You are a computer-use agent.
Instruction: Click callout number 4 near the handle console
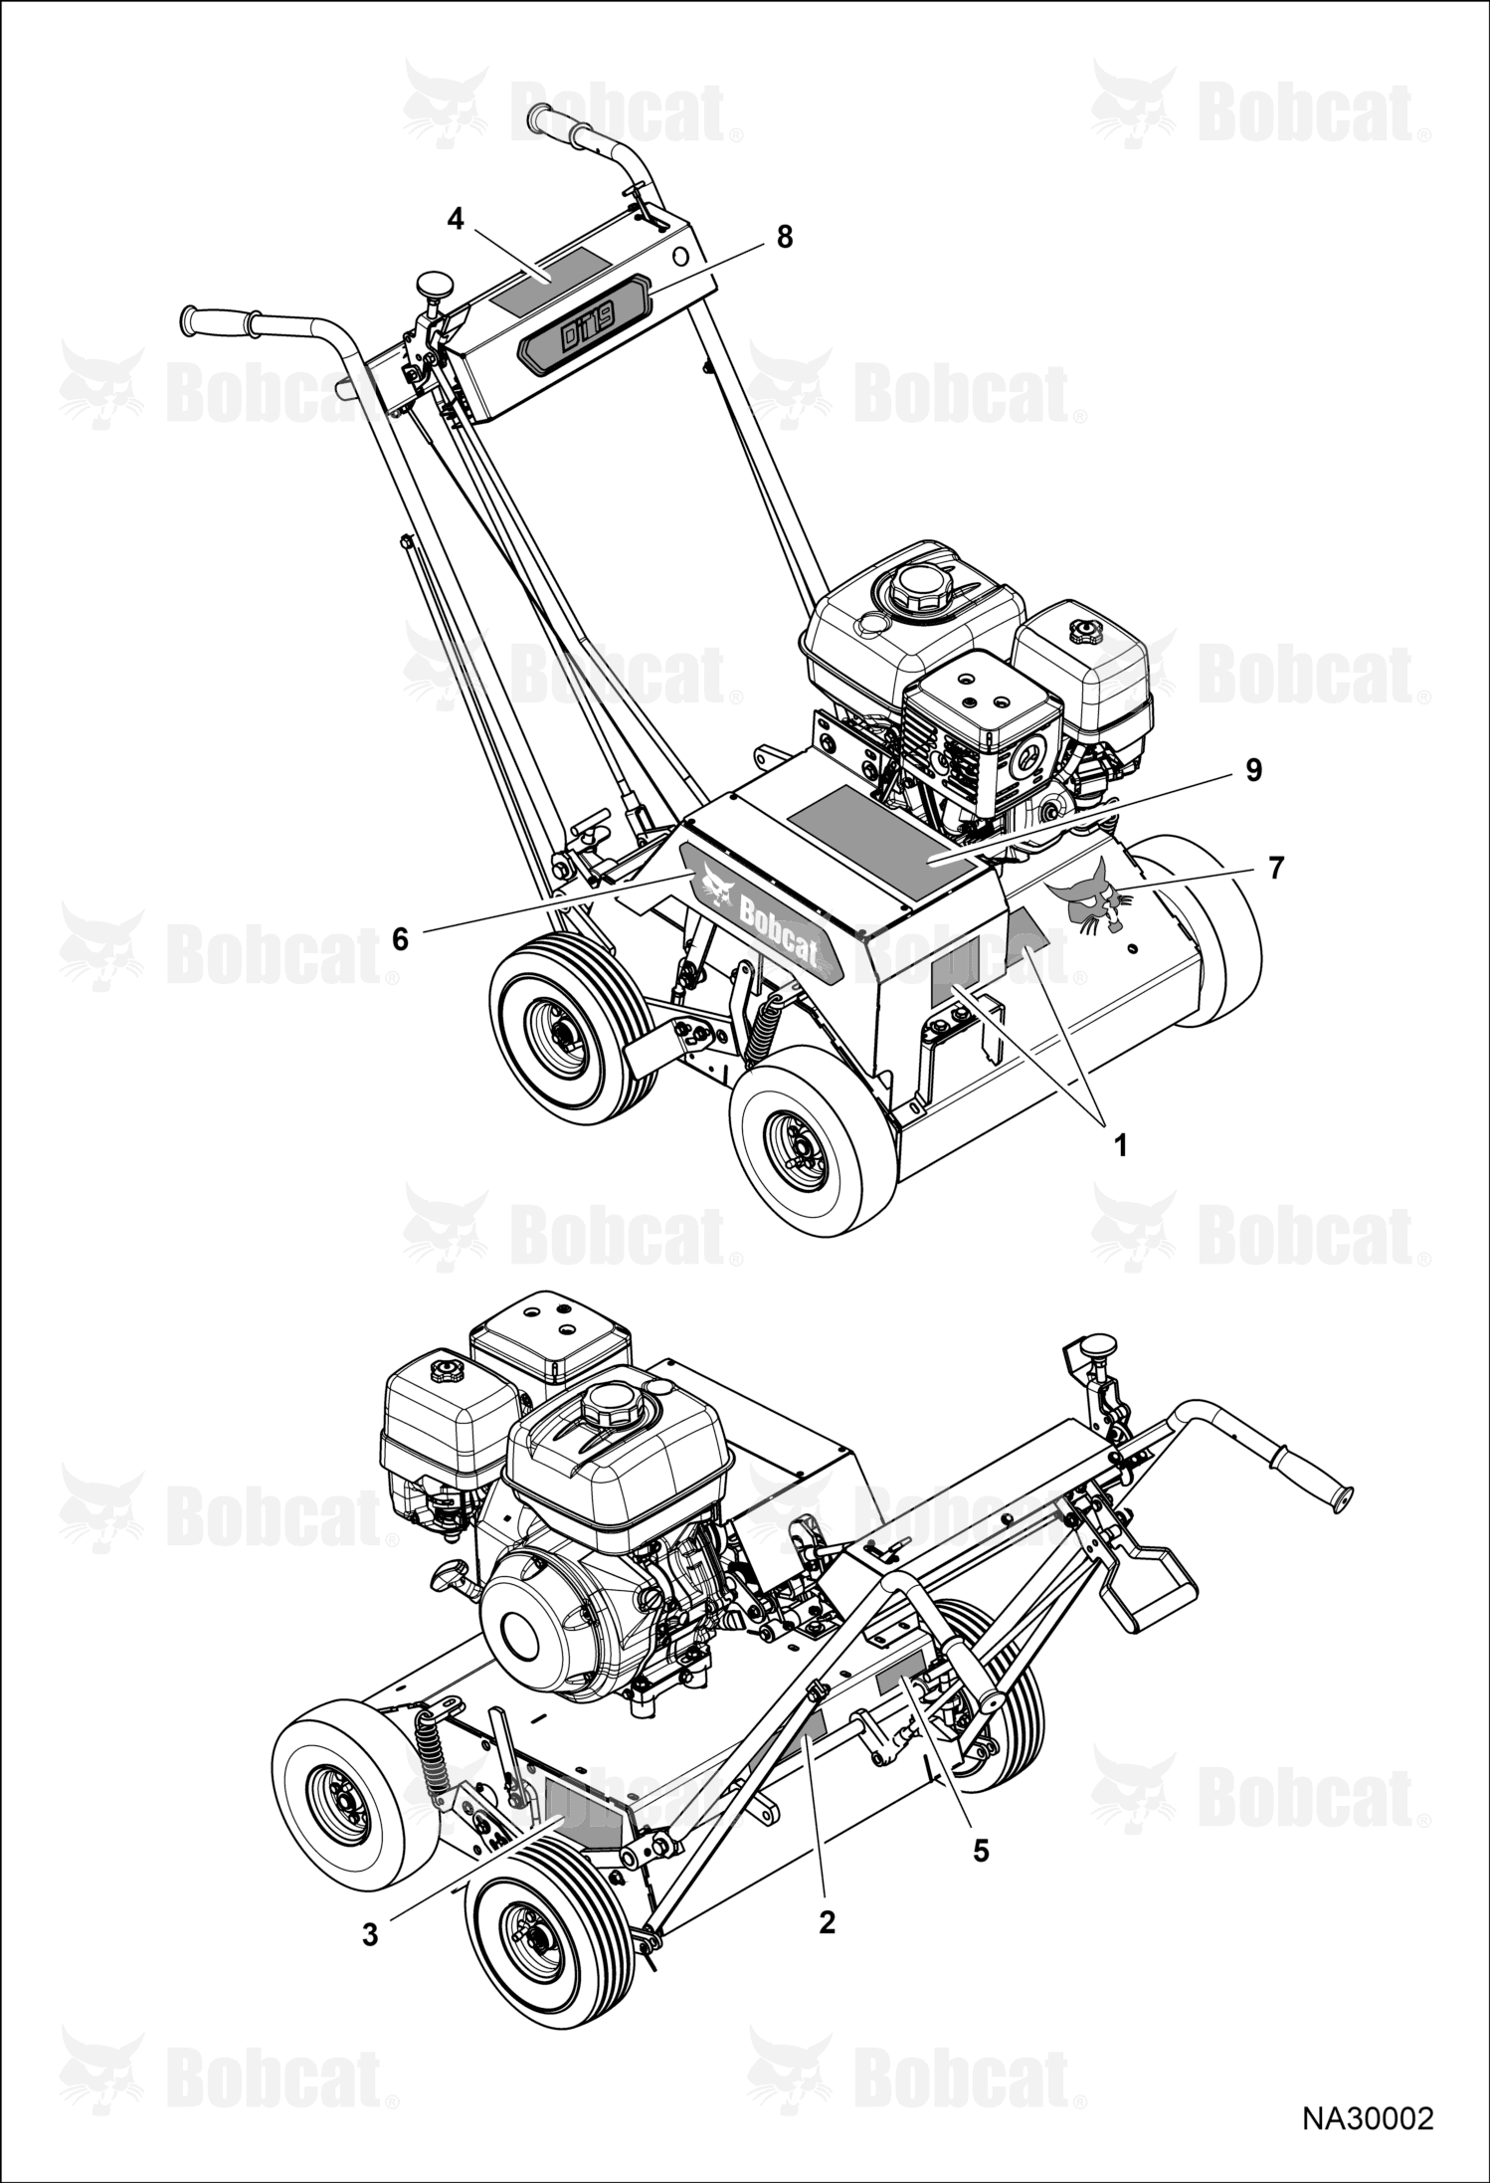pyautogui.click(x=456, y=219)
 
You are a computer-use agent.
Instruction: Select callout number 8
pyautogui.click(x=785, y=237)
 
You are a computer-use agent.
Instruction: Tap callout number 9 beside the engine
pyautogui.click(x=1252, y=769)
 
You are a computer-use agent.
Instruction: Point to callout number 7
pyautogui.click(x=1276, y=868)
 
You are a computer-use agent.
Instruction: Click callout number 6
pyautogui.click(x=400, y=939)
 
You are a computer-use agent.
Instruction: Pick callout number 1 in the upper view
pyautogui.click(x=1120, y=1146)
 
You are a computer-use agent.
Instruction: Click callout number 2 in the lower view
pyautogui.click(x=827, y=1923)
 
